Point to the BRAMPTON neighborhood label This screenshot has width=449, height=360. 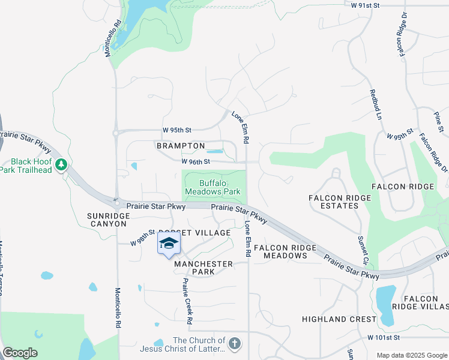point(181,146)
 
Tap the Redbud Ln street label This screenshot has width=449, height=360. point(376,104)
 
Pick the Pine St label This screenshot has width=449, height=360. point(438,121)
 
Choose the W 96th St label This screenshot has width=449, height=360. point(196,161)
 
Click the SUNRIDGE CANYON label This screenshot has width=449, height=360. point(107,219)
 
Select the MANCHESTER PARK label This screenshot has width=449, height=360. point(203,268)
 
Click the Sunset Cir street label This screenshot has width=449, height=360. point(365,252)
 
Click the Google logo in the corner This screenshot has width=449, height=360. point(20,353)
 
